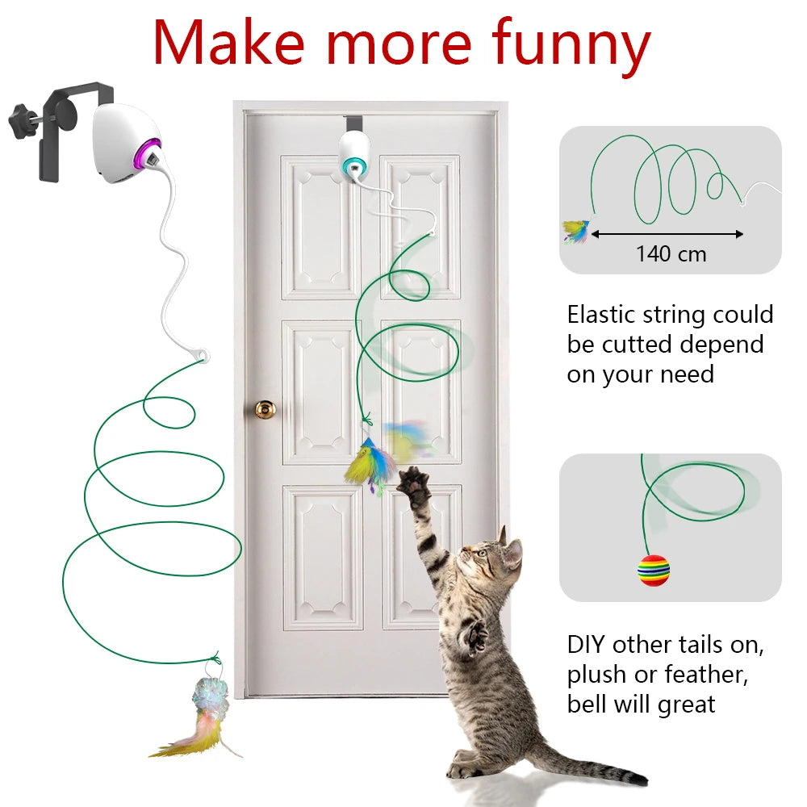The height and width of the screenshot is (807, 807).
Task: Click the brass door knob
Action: pyautogui.click(x=265, y=409)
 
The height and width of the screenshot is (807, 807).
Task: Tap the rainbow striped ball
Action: pyautogui.click(x=654, y=570)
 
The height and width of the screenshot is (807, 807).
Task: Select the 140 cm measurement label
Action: pyautogui.click(x=671, y=254)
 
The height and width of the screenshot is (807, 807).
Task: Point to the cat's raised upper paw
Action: pyautogui.click(x=413, y=485)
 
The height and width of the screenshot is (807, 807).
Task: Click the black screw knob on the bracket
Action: pyautogui.click(x=25, y=121)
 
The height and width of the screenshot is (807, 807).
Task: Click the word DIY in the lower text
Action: pyautogui.click(x=585, y=645)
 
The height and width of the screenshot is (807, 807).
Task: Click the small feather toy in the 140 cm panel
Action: pyautogui.click(x=576, y=232)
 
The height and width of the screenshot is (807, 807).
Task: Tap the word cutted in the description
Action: pyautogui.click(x=644, y=345)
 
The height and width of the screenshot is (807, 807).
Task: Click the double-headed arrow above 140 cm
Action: pyautogui.click(x=667, y=234)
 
